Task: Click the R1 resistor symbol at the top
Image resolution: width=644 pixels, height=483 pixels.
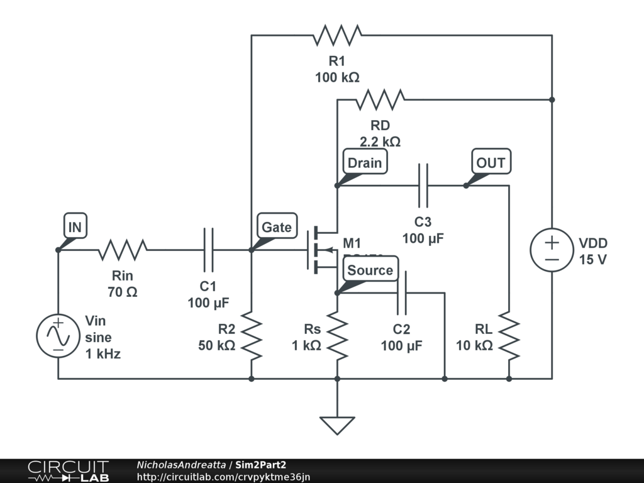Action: (338, 35)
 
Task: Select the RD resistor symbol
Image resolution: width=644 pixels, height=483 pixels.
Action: (380, 99)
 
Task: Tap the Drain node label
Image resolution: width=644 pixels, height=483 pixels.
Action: (365, 163)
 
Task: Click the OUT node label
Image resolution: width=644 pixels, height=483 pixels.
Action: (491, 163)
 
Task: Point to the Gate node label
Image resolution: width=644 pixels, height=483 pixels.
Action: (277, 227)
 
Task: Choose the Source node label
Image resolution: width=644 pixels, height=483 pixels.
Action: (370, 270)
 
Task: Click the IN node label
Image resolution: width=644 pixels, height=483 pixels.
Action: (75, 227)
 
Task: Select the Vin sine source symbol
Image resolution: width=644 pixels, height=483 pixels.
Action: (58, 336)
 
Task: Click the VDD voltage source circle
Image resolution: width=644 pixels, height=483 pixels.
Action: (552, 250)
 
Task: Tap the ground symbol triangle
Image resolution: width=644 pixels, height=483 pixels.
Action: (337, 425)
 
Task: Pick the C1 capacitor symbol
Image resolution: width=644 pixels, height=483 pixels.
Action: (209, 250)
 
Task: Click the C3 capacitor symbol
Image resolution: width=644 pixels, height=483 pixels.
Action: (423, 186)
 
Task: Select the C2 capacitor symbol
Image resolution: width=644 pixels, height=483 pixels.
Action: (401, 293)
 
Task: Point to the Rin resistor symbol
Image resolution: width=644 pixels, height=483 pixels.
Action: (122, 250)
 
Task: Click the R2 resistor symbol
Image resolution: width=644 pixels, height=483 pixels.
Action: (251, 336)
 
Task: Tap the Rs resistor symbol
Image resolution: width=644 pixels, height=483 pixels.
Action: (337, 336)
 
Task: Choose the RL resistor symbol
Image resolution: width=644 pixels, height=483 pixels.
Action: (509, 336)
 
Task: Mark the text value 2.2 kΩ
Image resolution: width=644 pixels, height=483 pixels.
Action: (380, 142)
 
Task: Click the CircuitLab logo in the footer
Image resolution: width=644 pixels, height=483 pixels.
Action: (68, 471)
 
